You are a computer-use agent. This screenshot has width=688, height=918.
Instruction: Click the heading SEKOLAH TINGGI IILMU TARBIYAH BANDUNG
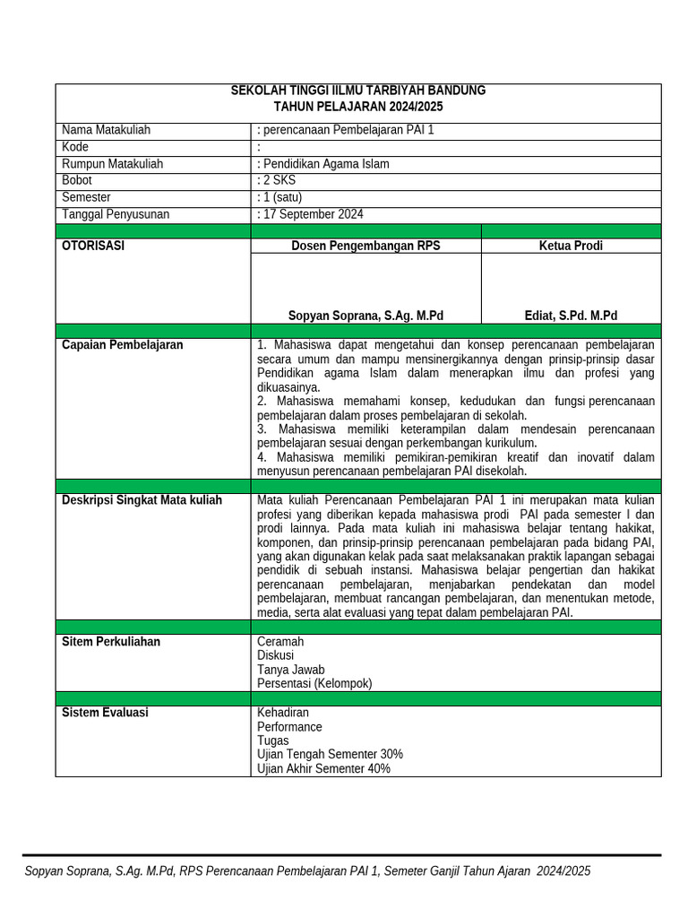(358, 91)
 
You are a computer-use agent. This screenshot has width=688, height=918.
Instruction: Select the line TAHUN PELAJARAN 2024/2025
(358, 107)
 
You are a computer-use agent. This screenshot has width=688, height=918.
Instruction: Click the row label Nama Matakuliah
(106, 130)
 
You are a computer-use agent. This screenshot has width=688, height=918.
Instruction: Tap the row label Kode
(75, 147)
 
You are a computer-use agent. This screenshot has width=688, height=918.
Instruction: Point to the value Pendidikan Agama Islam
(324, 164)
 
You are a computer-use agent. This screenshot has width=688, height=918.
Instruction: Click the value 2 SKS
(277, 180)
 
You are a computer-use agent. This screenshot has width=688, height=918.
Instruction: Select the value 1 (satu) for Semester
(279, 197)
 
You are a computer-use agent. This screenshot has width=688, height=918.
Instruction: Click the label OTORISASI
(93, 246)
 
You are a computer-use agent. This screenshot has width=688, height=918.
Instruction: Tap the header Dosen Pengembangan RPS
(365, 246)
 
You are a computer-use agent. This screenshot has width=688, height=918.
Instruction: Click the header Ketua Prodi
(571, 246)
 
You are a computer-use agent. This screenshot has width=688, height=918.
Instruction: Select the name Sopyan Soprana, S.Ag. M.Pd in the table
(365, 316)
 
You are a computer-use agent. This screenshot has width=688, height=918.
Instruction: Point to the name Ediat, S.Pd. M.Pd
(571, 316)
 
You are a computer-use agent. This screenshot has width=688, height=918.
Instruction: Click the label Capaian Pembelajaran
(122, 345)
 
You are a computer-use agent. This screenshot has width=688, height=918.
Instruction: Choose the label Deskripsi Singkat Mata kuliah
(142, 500)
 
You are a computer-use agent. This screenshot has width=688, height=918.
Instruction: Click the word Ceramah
(280, 642)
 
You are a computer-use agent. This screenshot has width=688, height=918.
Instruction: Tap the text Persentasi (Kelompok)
(314, 683)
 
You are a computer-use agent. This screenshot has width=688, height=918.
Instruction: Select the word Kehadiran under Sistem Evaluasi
(283, 713)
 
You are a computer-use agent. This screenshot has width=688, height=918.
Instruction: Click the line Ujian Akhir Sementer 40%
(323, 768)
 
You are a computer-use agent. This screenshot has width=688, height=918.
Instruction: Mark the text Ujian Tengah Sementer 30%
(330, 754)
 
